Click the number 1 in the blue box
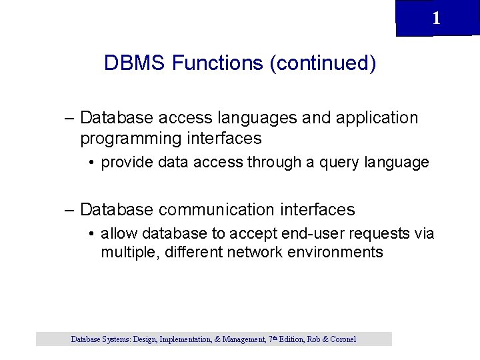tap(436, 19)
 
